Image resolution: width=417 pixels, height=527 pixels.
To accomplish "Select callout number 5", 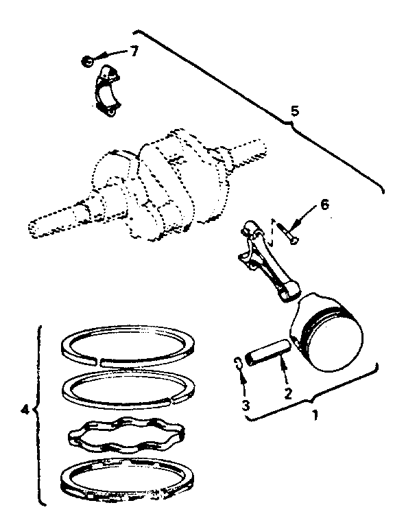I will pyautogui.click(x=294, y=110).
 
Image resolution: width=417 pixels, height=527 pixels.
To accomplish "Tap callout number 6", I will pyautogui.click(x=325, y=204).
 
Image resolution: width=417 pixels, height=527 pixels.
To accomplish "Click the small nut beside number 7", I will pyautogui.click(x=87, y=62).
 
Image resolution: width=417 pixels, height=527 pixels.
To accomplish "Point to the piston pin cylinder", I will pyautogui.click(x=267, y=353).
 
